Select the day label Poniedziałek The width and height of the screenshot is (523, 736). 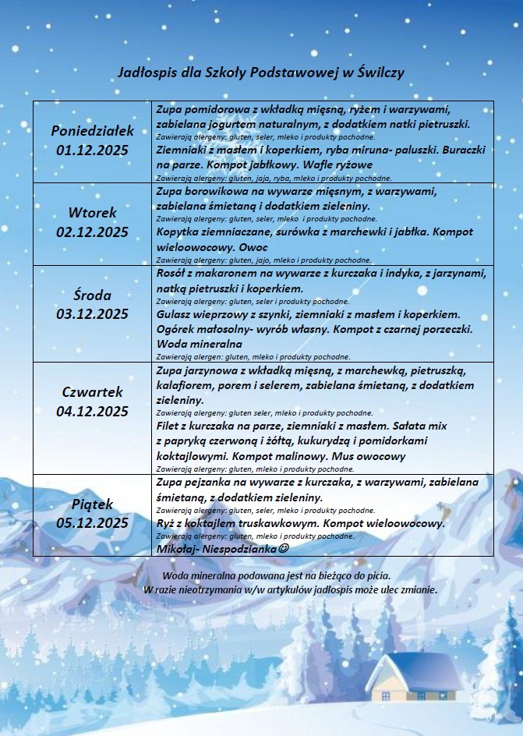point(92,130)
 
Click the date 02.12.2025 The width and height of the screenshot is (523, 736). point(92,232)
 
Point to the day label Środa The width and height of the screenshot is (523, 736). point(92,295)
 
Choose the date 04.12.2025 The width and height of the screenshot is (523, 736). point(92,411)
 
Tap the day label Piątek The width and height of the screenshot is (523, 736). point(92,504)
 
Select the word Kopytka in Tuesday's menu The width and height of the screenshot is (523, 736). point(181,232)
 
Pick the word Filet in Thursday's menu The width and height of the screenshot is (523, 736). point(171,426)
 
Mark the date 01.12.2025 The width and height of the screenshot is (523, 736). point(92,150)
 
